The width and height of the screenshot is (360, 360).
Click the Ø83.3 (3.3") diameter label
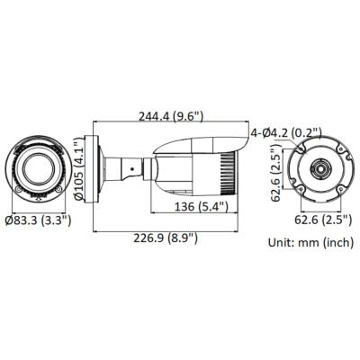[x=38, y=219]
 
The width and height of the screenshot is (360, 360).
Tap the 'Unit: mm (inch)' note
[x=310, y=242]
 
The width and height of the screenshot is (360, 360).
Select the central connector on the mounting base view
[x=319, y=168]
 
